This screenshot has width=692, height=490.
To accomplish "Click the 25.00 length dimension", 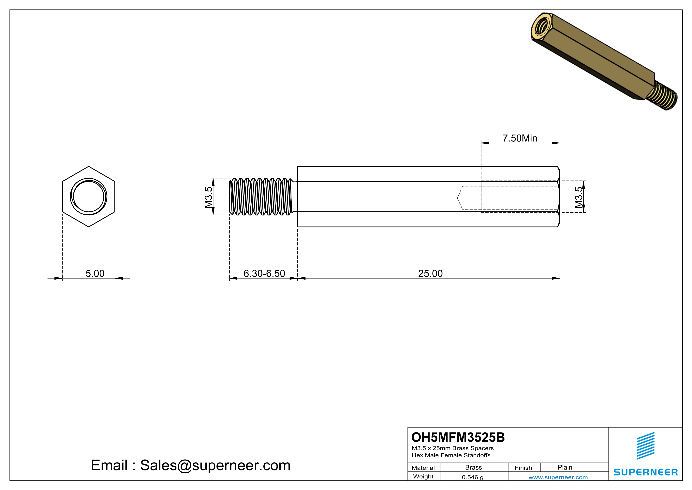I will coord(430,273).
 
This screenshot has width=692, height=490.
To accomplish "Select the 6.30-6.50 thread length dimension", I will coord(264,273).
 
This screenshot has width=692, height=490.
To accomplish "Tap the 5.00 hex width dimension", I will coord(95,273).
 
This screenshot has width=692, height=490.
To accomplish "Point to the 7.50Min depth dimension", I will coord(520,138).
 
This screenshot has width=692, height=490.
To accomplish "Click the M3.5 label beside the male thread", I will coord(208,197).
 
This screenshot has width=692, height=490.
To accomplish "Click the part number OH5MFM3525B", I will coord(458,437).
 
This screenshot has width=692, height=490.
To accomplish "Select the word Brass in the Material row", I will coord(474,467).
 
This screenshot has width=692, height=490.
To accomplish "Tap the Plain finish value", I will coord(565,467).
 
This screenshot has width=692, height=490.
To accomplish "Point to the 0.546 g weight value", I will coord(473,477).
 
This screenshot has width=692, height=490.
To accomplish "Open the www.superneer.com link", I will coord(558,477).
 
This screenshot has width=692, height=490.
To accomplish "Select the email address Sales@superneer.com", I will coord(215,465).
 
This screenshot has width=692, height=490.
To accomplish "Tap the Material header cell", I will coord(423,468).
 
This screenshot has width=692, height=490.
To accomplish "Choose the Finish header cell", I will coord(523,468).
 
